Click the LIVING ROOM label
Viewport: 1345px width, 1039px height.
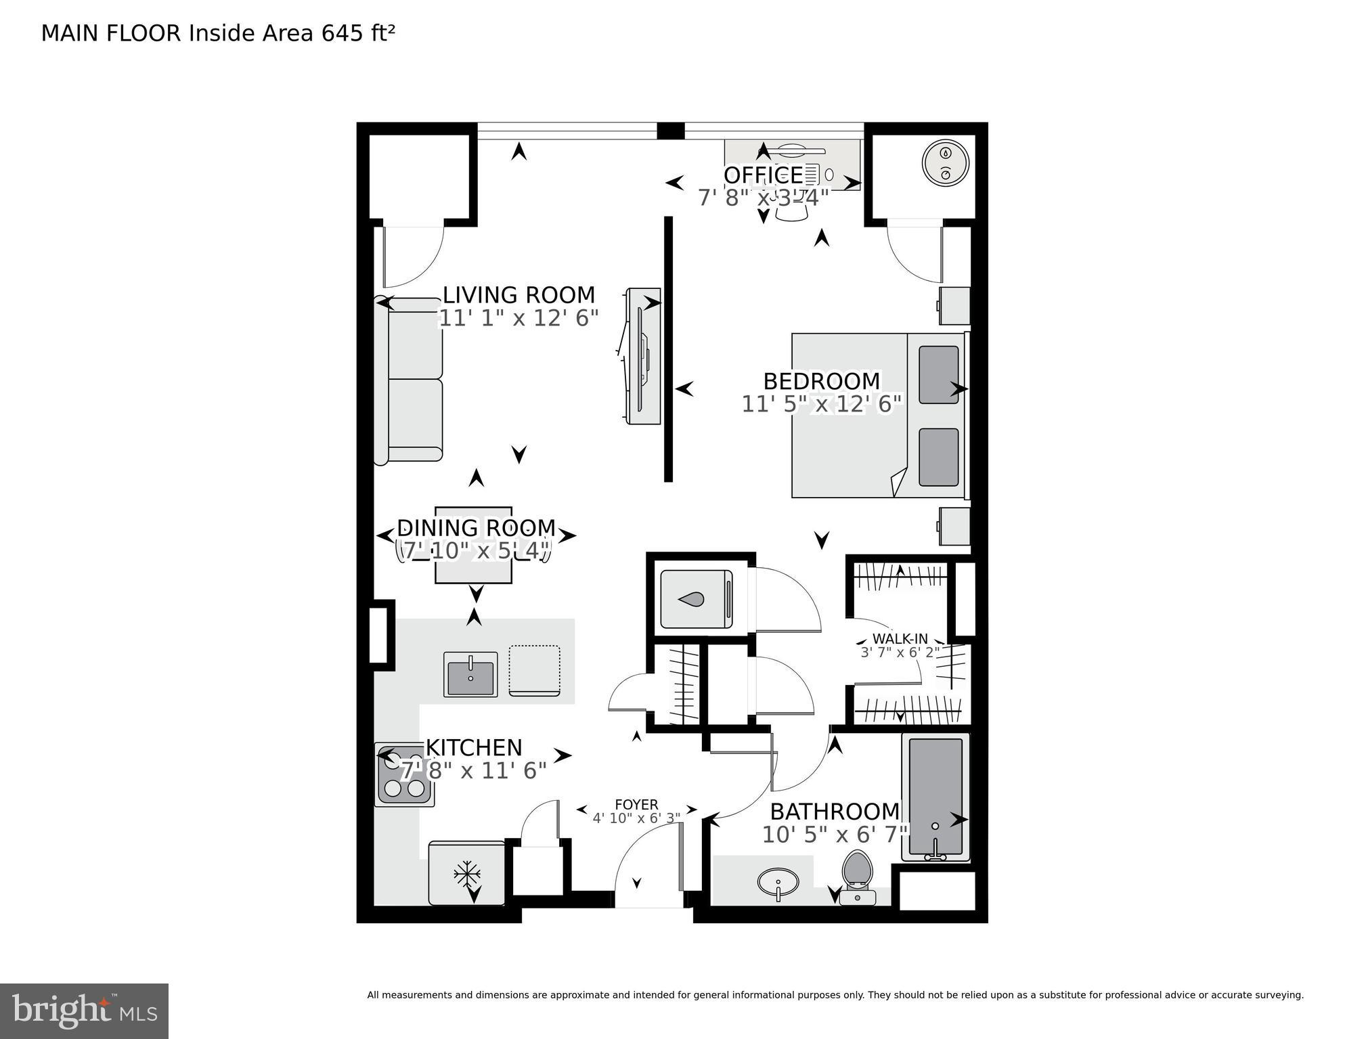[x=519, y=295]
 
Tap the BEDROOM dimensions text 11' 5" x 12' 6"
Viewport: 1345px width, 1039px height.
[x=822, y=404]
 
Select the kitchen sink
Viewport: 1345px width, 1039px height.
[x=470, y=673]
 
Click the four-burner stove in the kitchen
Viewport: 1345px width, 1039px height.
[x=404, y=774]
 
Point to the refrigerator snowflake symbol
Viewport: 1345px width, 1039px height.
[x=467, y=874]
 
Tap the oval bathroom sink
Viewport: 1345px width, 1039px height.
[x=778, y=882]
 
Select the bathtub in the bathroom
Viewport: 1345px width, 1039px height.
[x=935, y=797]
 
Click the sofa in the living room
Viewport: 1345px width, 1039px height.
[x=410, y=380]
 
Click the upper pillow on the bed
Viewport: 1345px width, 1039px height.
[x=938, y=374]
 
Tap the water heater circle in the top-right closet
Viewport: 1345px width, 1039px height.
[x=946, y=163]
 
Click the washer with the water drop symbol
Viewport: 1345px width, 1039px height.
[x=696, y=598]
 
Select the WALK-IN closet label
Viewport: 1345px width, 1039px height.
[x=900, y=639]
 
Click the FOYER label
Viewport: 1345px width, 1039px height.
[x=636, y=804]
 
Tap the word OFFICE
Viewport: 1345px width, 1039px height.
[x=763, y=175]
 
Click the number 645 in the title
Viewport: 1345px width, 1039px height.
[x=343, y=33]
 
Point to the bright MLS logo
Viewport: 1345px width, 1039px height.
[x=84, y=1011]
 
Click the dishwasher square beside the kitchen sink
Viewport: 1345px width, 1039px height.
[x=534, y=670]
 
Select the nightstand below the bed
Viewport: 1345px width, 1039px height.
[x=954, y=526]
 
